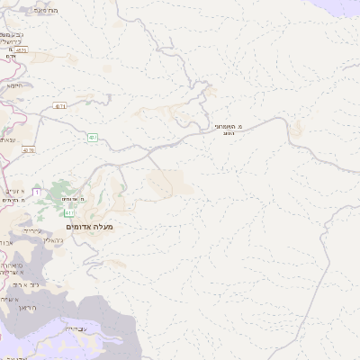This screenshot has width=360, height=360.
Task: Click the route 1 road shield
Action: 35,192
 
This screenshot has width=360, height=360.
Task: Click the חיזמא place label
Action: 14,85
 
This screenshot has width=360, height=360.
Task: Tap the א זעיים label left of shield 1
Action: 14,191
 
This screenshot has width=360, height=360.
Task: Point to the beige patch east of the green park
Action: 169,184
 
